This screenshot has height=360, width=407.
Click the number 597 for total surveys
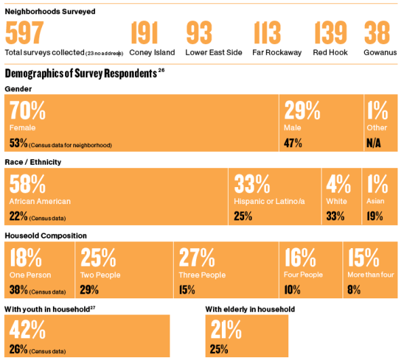tap(24, 33)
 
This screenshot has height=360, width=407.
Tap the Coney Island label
tap(152, 52)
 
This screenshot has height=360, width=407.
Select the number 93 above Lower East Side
tap(199, 33)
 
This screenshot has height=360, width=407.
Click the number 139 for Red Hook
tap(330, 33)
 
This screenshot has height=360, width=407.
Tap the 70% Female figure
tap(28, 110)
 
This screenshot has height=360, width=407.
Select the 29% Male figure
tap(302, 110)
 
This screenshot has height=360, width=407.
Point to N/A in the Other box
tap(374, 143)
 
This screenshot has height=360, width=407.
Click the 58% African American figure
tap(28, 184)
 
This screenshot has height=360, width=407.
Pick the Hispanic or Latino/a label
tap(270, 201)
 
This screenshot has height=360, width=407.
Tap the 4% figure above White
tap(338, 184)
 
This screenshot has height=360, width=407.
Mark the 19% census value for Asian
tap(374, 216)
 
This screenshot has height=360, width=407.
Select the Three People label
tap(203, 275)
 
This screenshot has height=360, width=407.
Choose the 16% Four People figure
tap(301, 258)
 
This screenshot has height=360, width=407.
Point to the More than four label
tap(370, 275)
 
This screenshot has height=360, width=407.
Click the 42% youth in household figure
tap(28, 329)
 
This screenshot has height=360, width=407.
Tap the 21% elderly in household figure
tap(226, 329)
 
